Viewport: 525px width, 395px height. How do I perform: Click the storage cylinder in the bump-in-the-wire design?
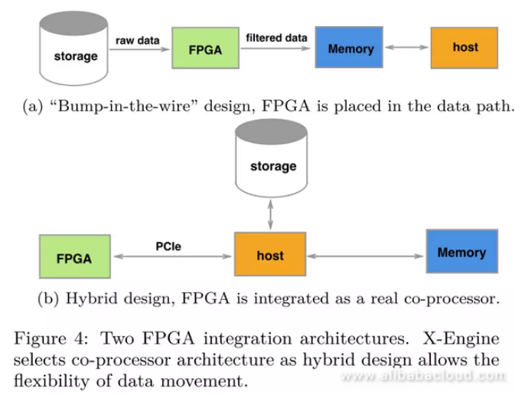coord(76,49)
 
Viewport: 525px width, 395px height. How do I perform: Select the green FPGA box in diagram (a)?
coord(205,49)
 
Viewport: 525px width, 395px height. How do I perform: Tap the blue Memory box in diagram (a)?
coord(350,48)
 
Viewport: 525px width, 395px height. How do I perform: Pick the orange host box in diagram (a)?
coord(465,47)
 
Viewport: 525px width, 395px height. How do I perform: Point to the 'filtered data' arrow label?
coord(276,37)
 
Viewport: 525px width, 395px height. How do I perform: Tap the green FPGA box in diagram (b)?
coord(73,257)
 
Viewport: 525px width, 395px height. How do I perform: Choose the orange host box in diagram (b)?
coord(269,255)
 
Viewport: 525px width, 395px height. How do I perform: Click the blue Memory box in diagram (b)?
coord(461,253)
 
